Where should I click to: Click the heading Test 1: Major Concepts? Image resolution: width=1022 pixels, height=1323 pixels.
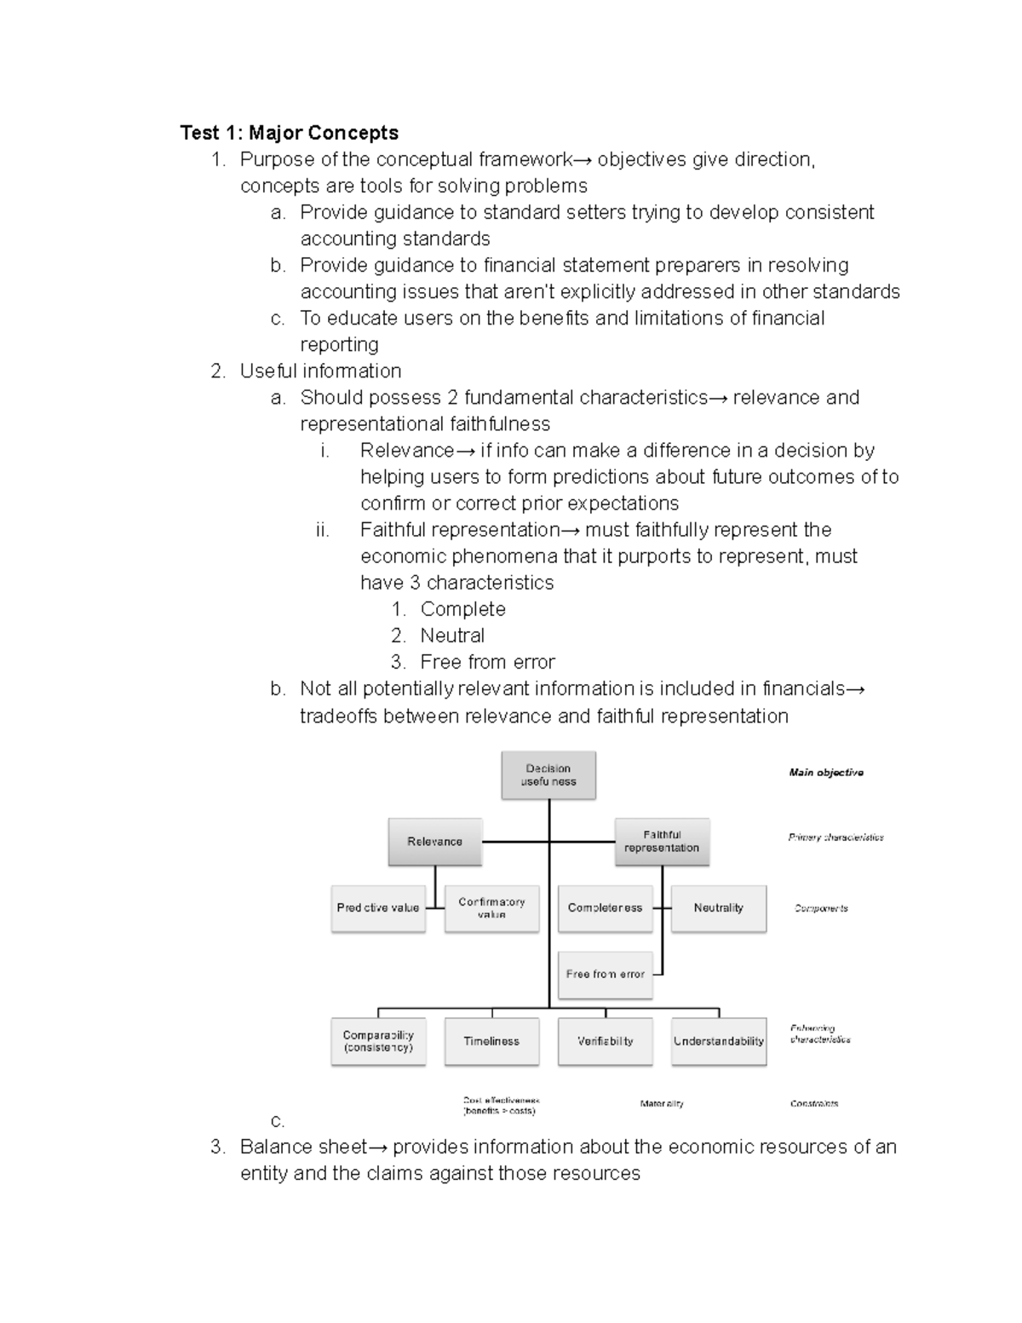(289, 133)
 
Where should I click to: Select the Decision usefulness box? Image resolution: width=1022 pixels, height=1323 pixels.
(548, 775)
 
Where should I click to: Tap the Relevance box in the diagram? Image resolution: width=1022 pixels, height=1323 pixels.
(434, 842)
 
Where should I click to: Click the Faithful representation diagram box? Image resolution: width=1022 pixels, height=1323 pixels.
(662, 842)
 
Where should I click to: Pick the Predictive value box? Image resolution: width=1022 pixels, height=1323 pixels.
(378, 908)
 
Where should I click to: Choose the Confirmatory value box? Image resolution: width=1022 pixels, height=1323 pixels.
(491, 908)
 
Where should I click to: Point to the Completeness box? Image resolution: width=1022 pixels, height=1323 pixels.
(605, 908)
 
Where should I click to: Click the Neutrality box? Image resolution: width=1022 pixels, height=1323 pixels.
(718, 908)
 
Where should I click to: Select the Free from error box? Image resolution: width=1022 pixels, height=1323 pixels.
(605, 975)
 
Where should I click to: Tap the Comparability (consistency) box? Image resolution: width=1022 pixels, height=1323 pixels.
(378, 1041)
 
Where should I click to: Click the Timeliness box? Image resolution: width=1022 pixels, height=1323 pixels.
(491, 1041)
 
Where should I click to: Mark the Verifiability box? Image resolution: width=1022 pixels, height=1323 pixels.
(605, 1041)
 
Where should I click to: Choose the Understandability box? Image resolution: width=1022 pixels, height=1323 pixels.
(718, 1041)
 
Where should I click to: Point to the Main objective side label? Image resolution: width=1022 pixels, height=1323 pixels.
(825, 773)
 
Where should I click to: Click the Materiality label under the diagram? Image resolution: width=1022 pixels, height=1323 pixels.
(662, 1104)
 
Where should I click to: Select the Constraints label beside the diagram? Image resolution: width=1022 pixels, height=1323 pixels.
(813, 1104)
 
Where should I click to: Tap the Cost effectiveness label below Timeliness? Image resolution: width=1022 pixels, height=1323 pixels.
(501, 1106)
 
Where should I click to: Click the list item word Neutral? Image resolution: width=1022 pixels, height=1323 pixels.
(452, 636)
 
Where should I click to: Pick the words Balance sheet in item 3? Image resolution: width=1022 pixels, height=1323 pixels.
(303, 1148)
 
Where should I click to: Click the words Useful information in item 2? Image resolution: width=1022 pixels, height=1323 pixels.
(320, 371)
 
